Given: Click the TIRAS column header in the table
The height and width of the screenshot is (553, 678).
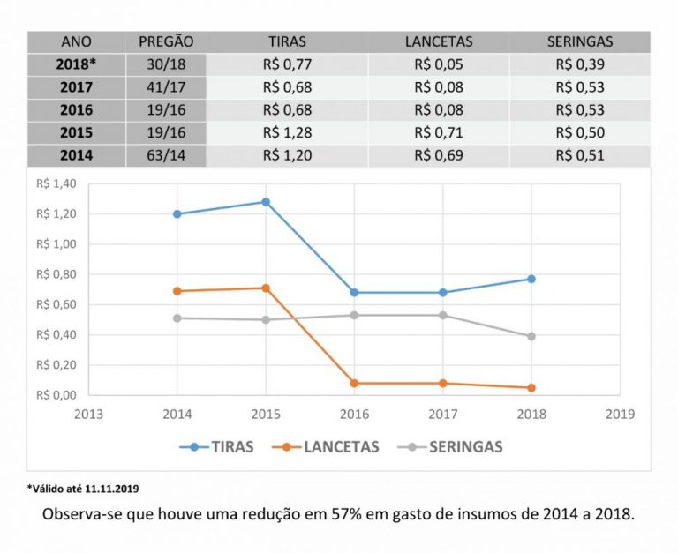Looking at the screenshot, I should (288, 41).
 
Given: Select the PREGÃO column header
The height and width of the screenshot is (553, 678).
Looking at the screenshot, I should (166, 41).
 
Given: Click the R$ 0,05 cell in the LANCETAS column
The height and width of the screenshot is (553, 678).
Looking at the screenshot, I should (439, 64).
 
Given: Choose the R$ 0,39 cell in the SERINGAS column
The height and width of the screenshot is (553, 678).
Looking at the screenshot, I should (580, 64).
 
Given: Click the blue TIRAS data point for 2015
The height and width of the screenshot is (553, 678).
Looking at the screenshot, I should (266, 202).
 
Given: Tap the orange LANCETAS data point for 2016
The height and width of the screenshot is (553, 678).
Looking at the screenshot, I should (354, 383).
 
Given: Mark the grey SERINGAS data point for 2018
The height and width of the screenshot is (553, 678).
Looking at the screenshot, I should (531, 336).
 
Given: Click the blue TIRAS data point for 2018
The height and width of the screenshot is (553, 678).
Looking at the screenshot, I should (531, 279).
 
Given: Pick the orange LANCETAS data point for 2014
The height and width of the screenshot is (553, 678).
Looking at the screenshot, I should (177, 291).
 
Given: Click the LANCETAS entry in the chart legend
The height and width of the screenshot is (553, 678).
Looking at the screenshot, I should (341, 446).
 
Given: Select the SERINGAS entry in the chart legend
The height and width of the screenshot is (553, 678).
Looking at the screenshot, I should (465, 446).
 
